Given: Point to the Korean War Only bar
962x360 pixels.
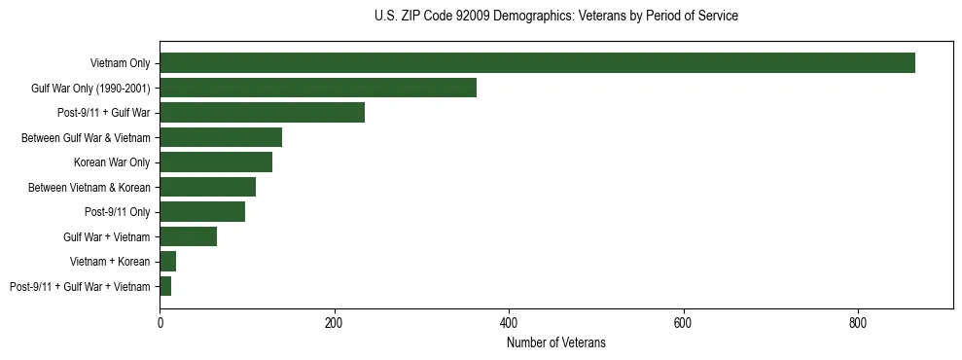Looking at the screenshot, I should tap(216, 162).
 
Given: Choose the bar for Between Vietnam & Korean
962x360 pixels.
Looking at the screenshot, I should tap(207, 187).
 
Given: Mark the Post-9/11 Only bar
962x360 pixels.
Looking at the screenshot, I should tap(202, 212).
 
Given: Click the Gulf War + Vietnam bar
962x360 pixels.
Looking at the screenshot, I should tap(188, 236).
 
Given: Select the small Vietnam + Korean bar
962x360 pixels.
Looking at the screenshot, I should tap(167, 262).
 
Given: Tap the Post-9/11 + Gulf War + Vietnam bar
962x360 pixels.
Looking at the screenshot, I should tap(165, 286).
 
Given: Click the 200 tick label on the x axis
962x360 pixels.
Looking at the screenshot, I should tap(334, 322).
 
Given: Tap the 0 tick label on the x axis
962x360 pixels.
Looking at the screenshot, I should tap(160, 322).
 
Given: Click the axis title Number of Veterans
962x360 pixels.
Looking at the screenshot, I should tap(556, 342).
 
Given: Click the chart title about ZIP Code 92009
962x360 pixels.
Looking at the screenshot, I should tap(556, 17).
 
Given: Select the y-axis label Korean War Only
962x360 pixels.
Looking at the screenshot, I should tap(112, 162).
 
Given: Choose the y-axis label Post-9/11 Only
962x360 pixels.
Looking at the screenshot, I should tap(118, 212).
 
